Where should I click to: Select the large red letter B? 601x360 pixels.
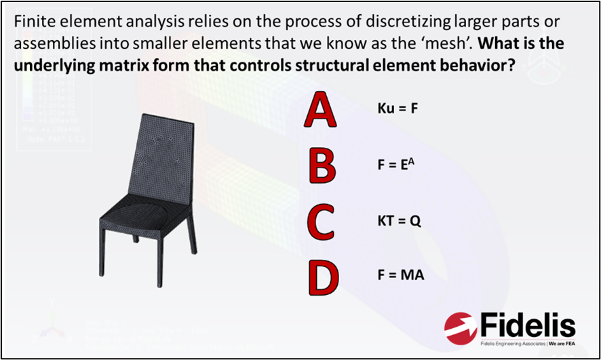(322, 166)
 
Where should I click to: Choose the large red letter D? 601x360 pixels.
(322, 275)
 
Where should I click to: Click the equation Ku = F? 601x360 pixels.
(397, 109)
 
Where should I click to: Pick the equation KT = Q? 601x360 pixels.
(400, 220)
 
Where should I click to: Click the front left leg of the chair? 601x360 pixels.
(106, 262)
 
